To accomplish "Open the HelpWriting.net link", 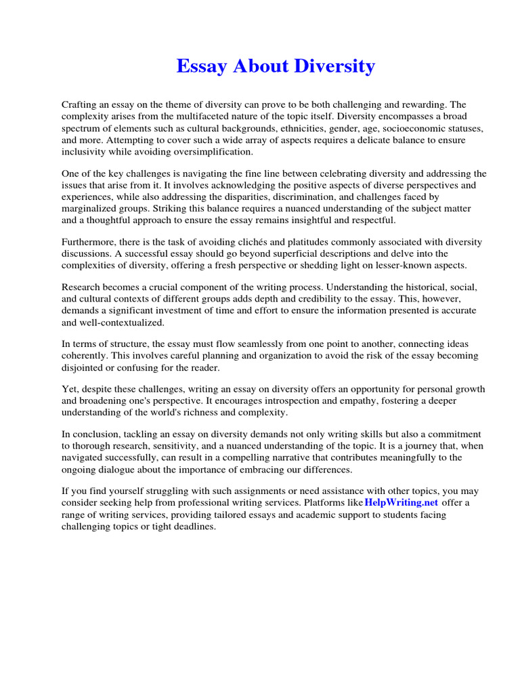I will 402,502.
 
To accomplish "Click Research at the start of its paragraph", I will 82,287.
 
